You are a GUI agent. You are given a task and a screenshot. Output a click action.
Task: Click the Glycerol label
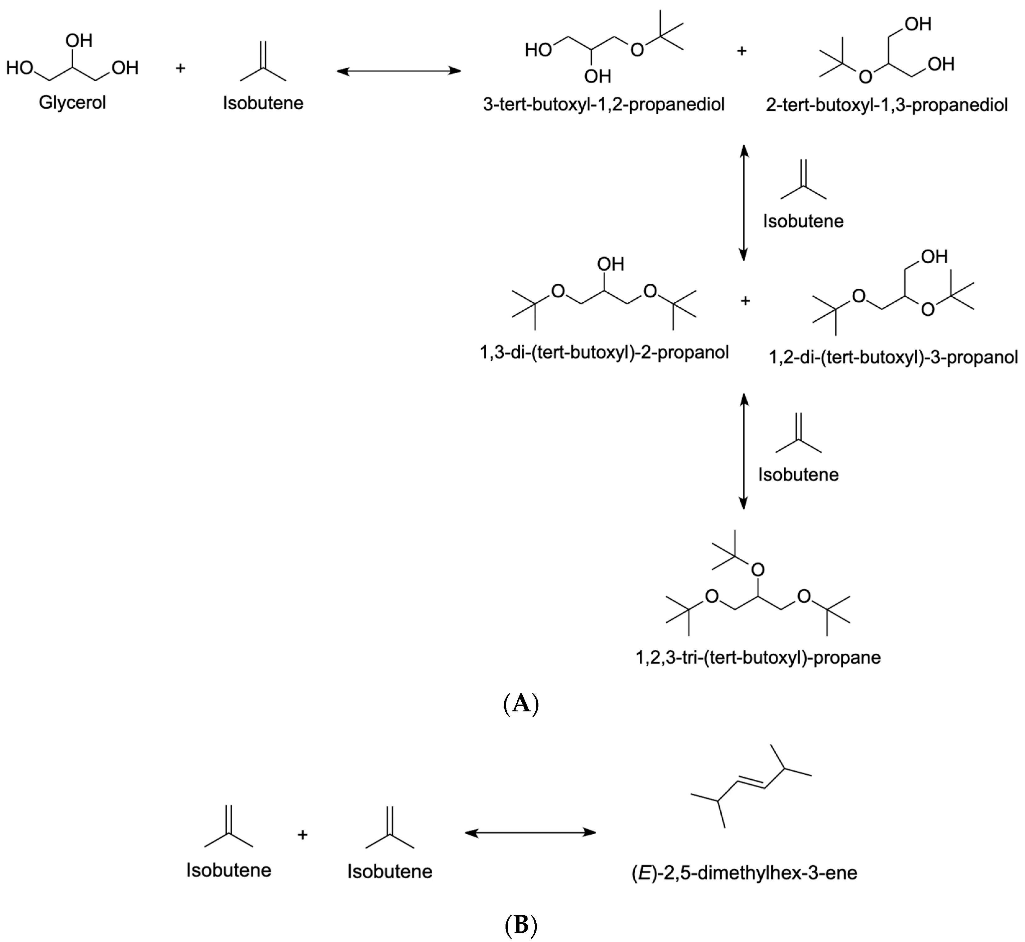coord(72,102)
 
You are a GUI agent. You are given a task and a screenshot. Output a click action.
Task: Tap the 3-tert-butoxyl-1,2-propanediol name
coord(604,105)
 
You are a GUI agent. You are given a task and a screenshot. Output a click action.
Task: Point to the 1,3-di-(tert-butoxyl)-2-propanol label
coord(604,352)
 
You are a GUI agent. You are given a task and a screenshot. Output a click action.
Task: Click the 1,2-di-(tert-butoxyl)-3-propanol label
coord(893,357)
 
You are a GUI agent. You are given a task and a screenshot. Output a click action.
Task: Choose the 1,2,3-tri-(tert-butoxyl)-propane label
coord(758,658)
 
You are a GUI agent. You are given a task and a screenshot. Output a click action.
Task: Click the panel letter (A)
coord(521,704)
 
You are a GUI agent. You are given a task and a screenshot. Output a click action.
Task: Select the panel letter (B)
coord(521,925)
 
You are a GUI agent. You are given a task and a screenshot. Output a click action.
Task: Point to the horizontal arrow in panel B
coord(530,833)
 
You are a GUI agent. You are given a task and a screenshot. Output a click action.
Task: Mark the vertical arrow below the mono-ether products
coord(743,202)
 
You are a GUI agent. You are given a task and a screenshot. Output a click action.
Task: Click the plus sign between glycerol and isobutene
coord(180,68)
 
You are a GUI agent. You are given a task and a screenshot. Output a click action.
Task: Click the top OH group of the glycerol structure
coord(79,41)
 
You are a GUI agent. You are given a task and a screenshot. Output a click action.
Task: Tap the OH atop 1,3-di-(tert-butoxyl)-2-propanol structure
coord(610,264)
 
